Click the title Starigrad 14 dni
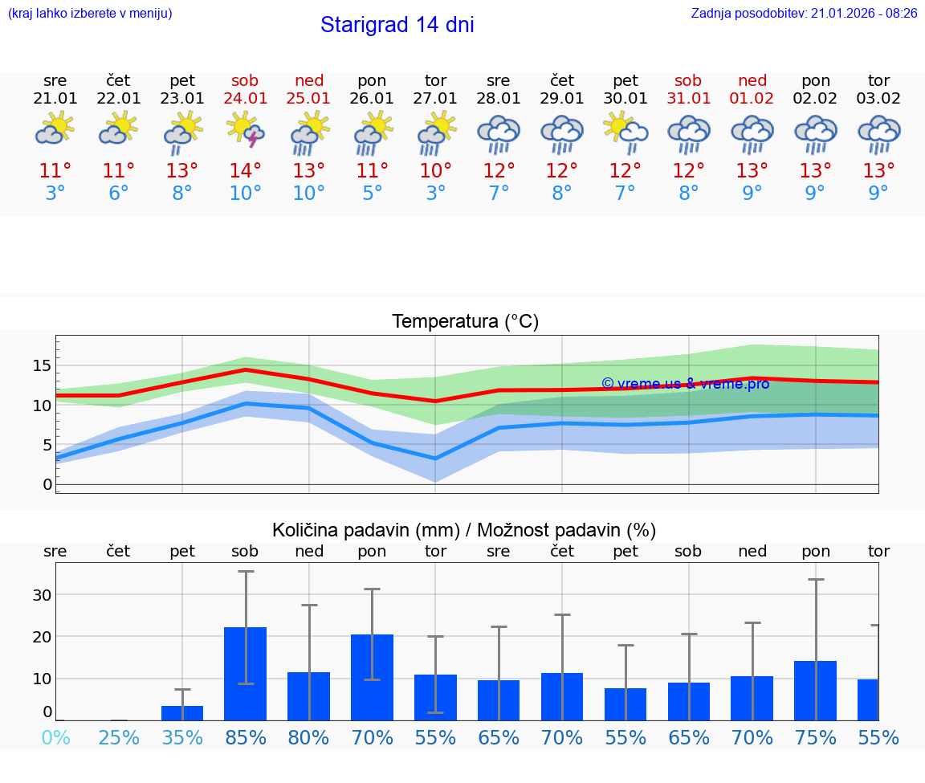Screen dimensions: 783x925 [397, 25]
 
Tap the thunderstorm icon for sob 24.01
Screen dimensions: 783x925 [246, 130]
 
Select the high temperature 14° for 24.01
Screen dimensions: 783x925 [246, 170]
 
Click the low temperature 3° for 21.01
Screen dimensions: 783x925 [55, 194]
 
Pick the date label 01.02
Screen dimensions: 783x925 [752, 99]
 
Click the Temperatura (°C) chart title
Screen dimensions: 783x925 [465, 322]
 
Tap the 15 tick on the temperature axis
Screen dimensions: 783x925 [42, 365]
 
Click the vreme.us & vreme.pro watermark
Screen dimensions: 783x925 [685, 384]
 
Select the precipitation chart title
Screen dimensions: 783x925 [464, 530]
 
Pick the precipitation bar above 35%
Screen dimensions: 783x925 [182, 713]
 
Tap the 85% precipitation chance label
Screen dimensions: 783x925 [246, 738]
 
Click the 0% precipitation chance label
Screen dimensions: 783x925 [55, 738]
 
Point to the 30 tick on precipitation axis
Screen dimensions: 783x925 [42, 595]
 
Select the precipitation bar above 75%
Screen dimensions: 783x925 [815, 691]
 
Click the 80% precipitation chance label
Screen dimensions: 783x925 [309, 738]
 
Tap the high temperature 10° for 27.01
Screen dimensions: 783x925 [435, 170]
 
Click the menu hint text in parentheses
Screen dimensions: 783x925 [90, 14]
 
